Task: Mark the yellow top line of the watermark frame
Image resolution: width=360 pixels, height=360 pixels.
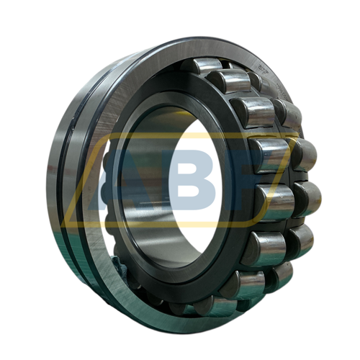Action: pos(202,134)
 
